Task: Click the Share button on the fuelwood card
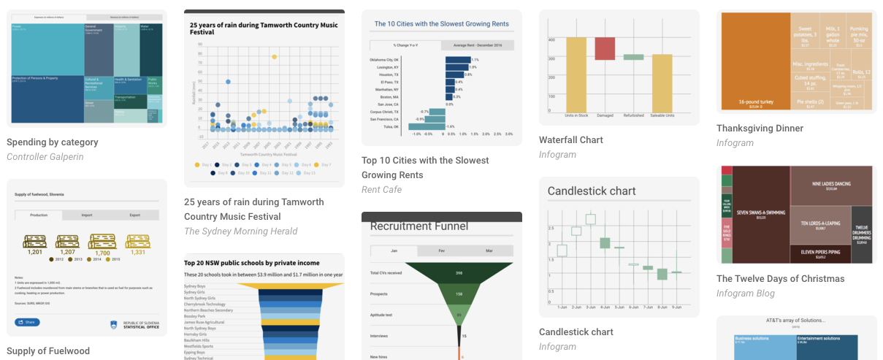tap(27, 322)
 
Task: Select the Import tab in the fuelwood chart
tap(86, 215)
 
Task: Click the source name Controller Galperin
tap(45, 157)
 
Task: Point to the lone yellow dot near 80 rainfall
tap(274, 56)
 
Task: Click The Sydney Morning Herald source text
tap(240, 231)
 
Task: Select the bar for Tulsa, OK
tap(435, 126)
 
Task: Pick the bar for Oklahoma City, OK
tap(458, 60)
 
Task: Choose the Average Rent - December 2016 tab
tap(478, 45)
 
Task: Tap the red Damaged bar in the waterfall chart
tap(605, 48)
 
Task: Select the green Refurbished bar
tap(633, 57)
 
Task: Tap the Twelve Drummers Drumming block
tap(861, 234)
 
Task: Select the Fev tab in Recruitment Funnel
tap(441, 251)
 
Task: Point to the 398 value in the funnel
tap(459, 273)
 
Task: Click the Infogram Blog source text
tap(745, 294)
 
